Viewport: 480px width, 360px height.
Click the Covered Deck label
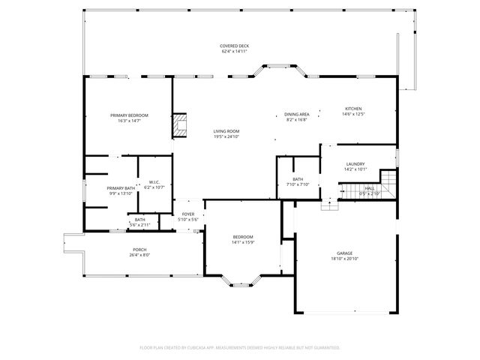[x=235, y=46]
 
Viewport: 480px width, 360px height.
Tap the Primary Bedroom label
[x=129, y=115]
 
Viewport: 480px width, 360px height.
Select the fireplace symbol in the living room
[x=178, y=125]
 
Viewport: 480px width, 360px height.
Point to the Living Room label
[x=226, y=131]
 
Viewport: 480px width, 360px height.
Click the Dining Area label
[x=296, y=114]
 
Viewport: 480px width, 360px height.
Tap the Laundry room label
[x=355, y=164]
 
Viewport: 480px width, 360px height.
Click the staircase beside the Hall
[x=388, y=182]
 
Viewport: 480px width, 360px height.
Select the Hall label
[x=370, y=188]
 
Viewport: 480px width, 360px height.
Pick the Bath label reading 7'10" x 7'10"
[x=298, y=179]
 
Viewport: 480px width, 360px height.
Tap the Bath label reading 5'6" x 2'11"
[x=140, y=220]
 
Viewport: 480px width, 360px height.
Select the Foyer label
[x=187, y=214]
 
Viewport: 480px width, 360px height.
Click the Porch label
[x=139, y=250]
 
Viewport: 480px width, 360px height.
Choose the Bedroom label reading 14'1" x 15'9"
[x=242, y=237]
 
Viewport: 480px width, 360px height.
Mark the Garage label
[x=344, y=253]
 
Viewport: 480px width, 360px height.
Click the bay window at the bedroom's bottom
[x=241, y=284]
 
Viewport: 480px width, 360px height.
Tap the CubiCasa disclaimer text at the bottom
[x=240, y=347]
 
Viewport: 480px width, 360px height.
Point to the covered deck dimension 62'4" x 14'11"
[x=235, y=52]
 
